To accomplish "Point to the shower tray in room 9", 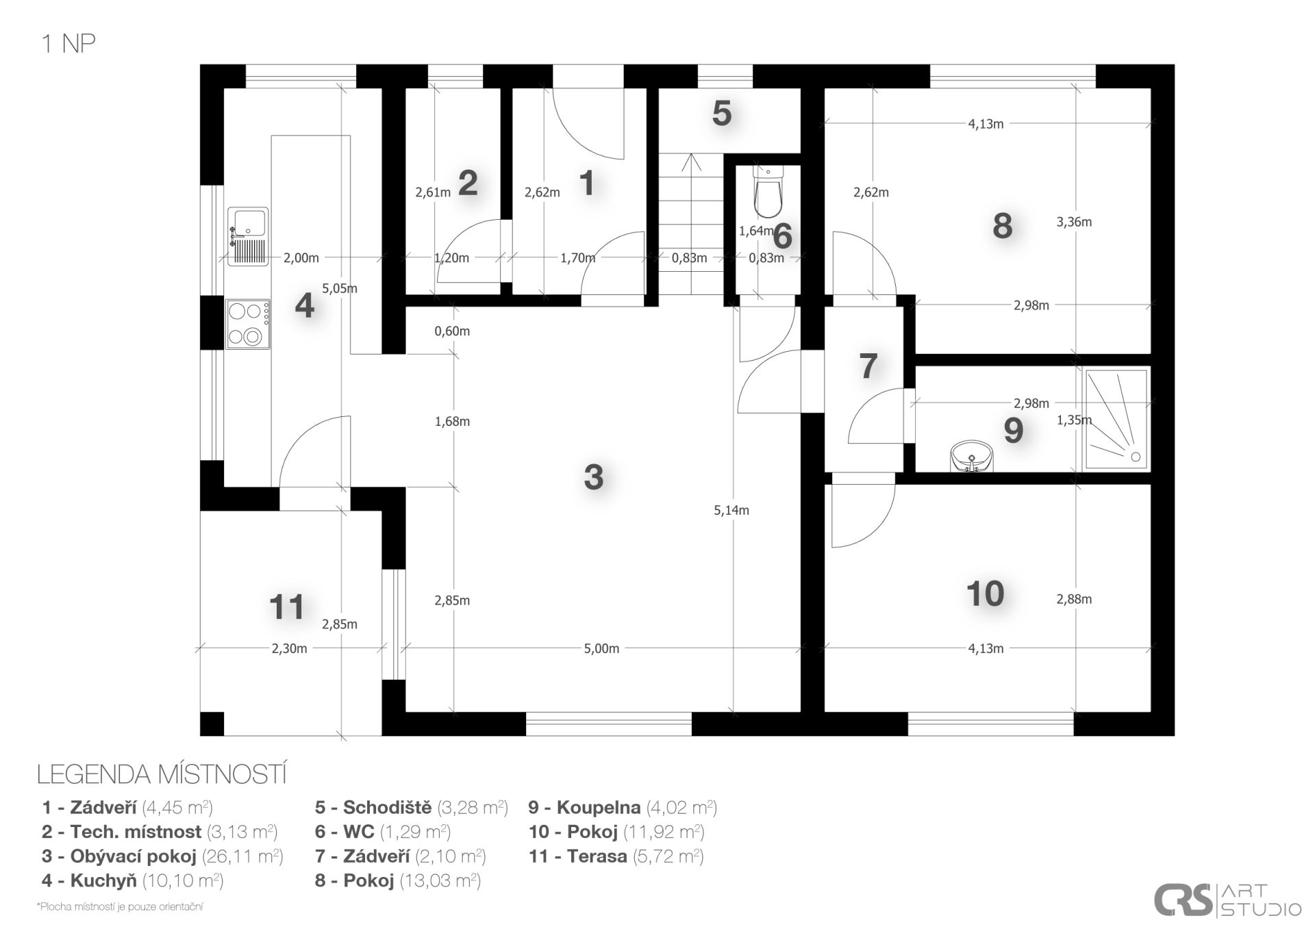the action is tap(1116, 420).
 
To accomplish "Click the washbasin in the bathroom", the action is tap(971, 457).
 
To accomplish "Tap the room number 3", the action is tap(593, 476).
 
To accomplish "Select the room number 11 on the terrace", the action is tap(286, 607).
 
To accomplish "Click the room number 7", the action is tap(868, 366).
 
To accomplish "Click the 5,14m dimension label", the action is tap(731, 510).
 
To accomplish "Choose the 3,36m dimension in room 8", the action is tap(1074, 222).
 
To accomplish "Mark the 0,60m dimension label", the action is tap(452, 331).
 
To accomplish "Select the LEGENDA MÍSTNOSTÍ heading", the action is tap(162, 775).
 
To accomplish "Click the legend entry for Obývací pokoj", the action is tap(162, 856).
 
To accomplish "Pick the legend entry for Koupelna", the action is tap(623, 807).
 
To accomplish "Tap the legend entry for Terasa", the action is tap(616, 856).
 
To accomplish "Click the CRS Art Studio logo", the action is tap(1227, 900).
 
